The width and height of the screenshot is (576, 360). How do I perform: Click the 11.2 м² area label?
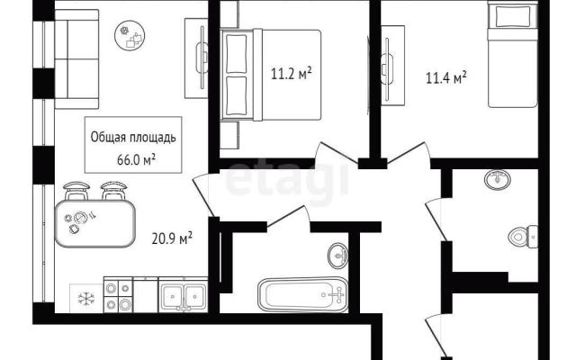(292, 74)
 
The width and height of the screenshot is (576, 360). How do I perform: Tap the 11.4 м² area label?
(446, 77)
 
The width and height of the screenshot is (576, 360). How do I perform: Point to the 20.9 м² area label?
(172, 238)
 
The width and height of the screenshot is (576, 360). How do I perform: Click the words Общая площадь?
(133, 138)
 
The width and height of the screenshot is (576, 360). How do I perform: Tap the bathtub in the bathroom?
(302, 295)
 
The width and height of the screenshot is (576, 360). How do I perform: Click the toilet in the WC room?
(523, 236)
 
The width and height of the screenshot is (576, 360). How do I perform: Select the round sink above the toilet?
(498, 180)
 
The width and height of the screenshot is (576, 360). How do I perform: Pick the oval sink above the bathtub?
(338, 255)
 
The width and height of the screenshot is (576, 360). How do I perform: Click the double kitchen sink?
(183, 294)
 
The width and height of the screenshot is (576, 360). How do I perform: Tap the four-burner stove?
(118, 295)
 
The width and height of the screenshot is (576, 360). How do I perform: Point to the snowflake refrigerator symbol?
(86, 298)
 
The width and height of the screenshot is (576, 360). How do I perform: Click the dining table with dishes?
(95, 223)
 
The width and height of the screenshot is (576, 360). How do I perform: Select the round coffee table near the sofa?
(130, 35)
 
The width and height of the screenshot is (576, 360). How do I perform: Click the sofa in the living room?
(76, 59)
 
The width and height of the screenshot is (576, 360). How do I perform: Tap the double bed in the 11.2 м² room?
(271, 75)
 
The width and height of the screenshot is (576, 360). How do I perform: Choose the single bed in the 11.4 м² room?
(512, 54)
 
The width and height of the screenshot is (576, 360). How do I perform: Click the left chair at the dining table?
(76, 191)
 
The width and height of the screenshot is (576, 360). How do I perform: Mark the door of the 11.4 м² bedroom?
(408, 153)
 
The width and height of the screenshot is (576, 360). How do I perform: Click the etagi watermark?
(287, 181)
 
